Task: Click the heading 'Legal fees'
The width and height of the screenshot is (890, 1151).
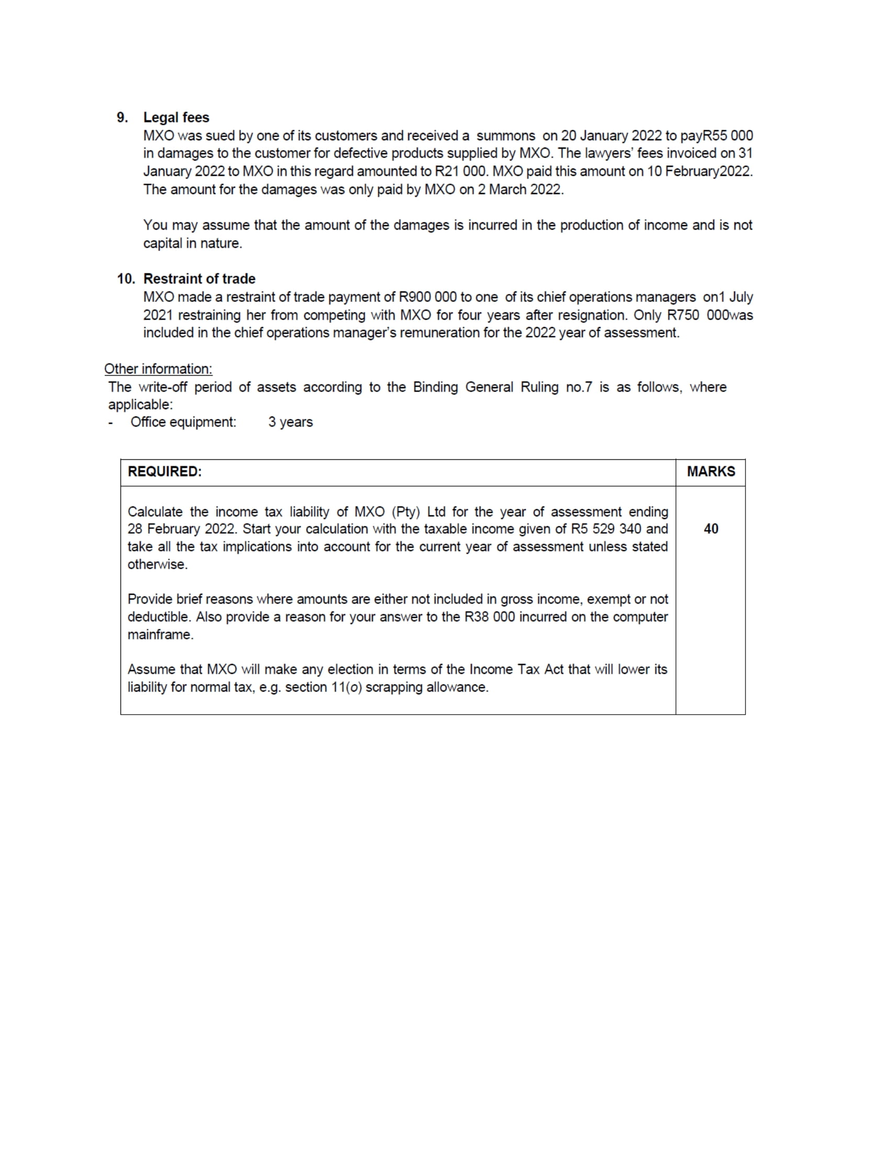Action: (176, 118)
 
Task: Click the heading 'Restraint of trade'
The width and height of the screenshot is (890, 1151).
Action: (199, 279)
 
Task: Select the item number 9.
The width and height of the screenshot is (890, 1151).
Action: (123, 118)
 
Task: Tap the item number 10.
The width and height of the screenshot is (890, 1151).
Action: (126, 279)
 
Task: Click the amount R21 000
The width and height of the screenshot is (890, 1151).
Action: (459, 171)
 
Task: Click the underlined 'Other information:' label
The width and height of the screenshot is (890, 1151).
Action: (158, 369)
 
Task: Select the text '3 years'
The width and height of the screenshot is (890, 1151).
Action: (291, 422)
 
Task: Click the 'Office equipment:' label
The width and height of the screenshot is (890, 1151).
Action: (183, 422)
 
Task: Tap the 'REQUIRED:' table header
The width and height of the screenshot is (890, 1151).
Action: (164, 472)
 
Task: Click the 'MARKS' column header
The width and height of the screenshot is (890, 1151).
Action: (711, 472)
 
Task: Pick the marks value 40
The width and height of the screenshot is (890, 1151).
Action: (711, 529)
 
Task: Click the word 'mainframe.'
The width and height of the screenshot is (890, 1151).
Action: (160, 635)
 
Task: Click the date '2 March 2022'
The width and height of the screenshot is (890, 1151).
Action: (520, 190)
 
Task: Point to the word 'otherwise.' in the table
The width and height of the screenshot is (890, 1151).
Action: (158, 565)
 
